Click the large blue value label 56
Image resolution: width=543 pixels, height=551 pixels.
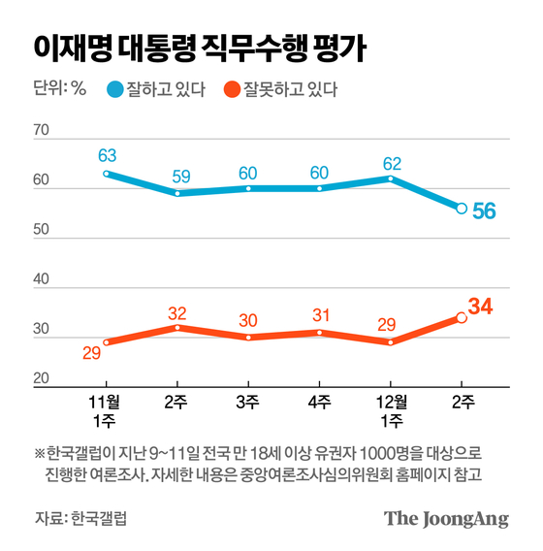pos(485,211)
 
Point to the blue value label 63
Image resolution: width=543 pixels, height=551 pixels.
pos(107,154)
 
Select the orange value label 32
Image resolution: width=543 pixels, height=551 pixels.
pos(176,312)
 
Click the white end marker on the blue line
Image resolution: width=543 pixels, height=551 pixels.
pos(462,208)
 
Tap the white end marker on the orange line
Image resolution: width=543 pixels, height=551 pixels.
pos(462,317)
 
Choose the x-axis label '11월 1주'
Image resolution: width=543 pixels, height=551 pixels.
pos(106,408)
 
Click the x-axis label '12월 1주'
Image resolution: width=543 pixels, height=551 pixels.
pos(391,408)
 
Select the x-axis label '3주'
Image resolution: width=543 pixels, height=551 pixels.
pos(248,401)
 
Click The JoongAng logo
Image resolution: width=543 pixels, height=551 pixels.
pos(446,518)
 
